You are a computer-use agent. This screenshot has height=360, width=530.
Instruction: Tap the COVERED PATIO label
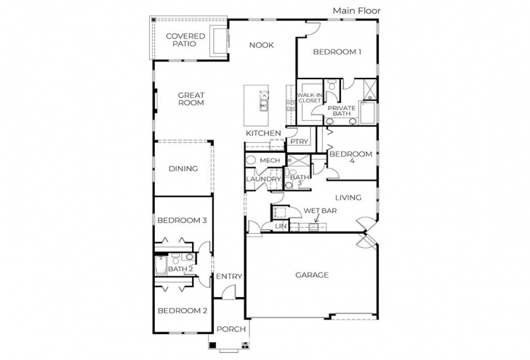click(x=186, y=40)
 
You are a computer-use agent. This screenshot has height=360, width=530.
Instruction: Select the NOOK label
click(x=261, y=45)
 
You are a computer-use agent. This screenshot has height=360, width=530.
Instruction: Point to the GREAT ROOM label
click(x=191, y=98)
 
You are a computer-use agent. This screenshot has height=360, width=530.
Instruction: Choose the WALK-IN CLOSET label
click(x=309, y=98)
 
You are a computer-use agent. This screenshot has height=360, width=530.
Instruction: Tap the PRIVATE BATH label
click(x=341, y=111)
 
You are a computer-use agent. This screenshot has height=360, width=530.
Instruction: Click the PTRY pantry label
click(x=298, y=141)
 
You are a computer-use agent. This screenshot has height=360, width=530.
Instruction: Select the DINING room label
click(x=183, y=169)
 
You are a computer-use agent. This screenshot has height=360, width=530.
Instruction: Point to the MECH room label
click(x=269, y=160)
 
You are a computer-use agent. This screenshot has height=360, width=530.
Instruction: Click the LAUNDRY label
click(x=263, y=179)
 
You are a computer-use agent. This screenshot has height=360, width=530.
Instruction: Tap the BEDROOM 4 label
click(x=351, y=157)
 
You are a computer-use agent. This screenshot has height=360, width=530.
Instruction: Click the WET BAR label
click(x=321, y=210)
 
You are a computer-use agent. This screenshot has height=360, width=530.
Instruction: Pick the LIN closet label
click(x=281, y=226)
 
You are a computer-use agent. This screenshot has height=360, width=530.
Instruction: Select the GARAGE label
click(x=312, y=275)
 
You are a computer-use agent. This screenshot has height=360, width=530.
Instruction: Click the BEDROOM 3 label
click(x=182, y=221)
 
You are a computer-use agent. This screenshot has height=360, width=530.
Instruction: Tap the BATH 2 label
click(x=181, y=269)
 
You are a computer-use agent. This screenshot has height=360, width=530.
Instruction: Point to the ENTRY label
click(x=229, y=276)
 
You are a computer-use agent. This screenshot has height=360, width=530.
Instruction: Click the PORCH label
click(x=231, y=329)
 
